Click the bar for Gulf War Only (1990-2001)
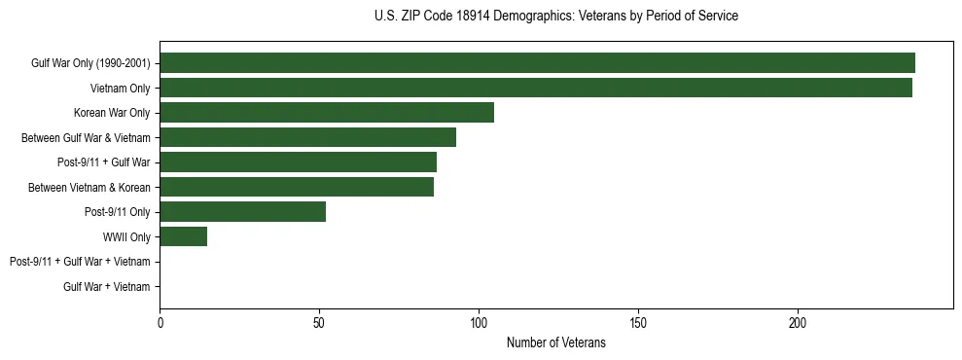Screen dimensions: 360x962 click(537, 63)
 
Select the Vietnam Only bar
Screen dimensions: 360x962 click(536, 88)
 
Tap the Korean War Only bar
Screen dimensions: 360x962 click(327, 113)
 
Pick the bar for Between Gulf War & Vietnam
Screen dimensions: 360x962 click(307, 137)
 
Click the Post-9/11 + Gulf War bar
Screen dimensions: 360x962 click(298, 162)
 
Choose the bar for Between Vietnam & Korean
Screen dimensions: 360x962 click(297, 187)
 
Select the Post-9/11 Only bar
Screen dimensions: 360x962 click(242, 212)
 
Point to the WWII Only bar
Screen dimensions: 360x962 click(183, 236)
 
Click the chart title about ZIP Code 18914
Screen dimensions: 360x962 click(555, 17)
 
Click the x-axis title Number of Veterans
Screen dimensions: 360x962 click(555, 342)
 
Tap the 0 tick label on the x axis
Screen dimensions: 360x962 click(160, 322)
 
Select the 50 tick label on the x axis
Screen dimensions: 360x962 click(319, 322)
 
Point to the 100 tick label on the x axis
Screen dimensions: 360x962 click(479, 322)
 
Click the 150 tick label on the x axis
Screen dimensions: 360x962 click(638, 322)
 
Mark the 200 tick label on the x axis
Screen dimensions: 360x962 click(798, 322)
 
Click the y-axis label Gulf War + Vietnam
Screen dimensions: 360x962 click(106, 287)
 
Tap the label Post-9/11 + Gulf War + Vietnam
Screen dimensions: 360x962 click(80, 262)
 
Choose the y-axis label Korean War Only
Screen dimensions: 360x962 click(112, 113)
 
